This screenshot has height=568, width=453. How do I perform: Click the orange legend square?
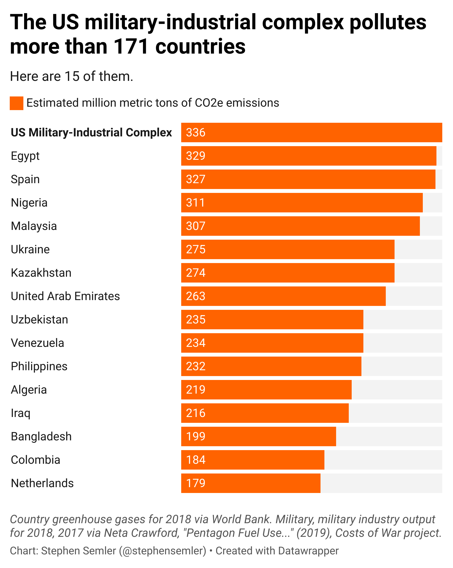click(16, 103)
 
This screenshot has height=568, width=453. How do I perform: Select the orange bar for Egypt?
click(308, 156)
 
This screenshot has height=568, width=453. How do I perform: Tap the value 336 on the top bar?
click(195, 133)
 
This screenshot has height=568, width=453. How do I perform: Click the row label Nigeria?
click(29, 203)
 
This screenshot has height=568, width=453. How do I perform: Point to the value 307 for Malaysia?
click(195, 226)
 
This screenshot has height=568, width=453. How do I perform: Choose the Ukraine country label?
click(30, 249)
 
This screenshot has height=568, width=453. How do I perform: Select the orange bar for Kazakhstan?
click(288, 273)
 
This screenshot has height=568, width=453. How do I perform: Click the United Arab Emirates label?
click(65, 296)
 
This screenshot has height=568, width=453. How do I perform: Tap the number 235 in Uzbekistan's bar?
click(195, 320)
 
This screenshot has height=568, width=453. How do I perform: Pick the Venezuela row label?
click(38, 343)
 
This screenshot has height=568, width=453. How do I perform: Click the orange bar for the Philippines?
click(271, 366)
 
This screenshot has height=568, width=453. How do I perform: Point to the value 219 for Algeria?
click(195, 390)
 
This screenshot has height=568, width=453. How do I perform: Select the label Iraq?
click(20, 413)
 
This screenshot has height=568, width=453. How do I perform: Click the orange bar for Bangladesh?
click(258, 436)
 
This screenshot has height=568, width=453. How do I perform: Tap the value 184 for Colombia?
click(195, 460)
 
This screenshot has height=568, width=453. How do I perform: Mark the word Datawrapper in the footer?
click(308, 551)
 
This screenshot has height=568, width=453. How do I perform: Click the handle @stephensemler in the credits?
click(162, 551)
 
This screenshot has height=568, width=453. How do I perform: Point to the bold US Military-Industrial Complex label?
click(91, 133)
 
